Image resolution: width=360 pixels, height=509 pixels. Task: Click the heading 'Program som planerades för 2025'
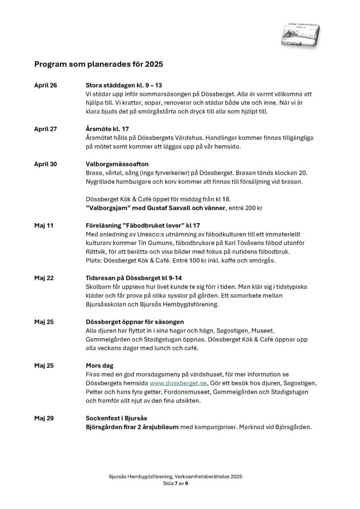(98, 64)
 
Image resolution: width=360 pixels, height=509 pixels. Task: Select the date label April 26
(46, 85)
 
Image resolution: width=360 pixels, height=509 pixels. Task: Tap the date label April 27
(46, 129)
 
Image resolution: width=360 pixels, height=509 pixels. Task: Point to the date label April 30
(46, 164)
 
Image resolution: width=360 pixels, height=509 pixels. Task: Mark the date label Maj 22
(44, 277)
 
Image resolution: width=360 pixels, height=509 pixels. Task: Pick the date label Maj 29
(44, 418)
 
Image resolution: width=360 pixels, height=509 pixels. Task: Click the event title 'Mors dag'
(100, 365)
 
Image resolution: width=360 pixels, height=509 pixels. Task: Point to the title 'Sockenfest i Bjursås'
(117, 418)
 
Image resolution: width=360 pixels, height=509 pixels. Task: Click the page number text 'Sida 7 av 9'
(180, 483)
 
